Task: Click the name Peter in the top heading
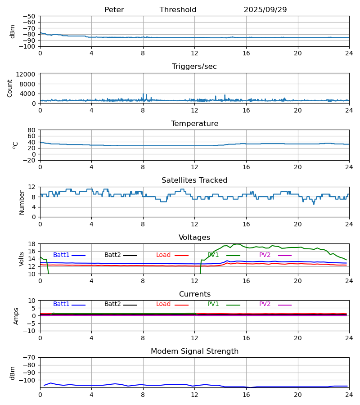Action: pyautogui.click(x=114, y=10)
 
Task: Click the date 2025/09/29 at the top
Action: pyautogui.click(x=265, y=10)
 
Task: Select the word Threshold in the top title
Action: pyautogui.click(x=178, y=10)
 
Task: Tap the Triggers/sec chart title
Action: pyautogui.click(x=194, y=67)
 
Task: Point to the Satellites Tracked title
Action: pyautogui.click(x=194, y=180)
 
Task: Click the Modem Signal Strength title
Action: pyautogui.click(x=194, y=351)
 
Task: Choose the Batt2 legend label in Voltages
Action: pyautogui.click(x=112, y=255)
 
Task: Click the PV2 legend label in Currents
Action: pyautogui.click(x=265, y=304)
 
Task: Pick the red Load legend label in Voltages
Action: pyautogui.click(x=163, y=255)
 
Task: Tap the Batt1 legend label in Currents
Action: pyautogui.click(x=61, y=304)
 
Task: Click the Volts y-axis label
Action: pyautogui.click(x=22, y=259)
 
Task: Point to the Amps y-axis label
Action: pyautogui.click(x=17, y=316)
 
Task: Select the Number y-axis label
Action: pyautogui.click(x=22, y=202)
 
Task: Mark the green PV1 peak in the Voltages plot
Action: pyautogui.click(x=236, y=244)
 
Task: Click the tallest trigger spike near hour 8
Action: pyautogui.click(x=143, y=94)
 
